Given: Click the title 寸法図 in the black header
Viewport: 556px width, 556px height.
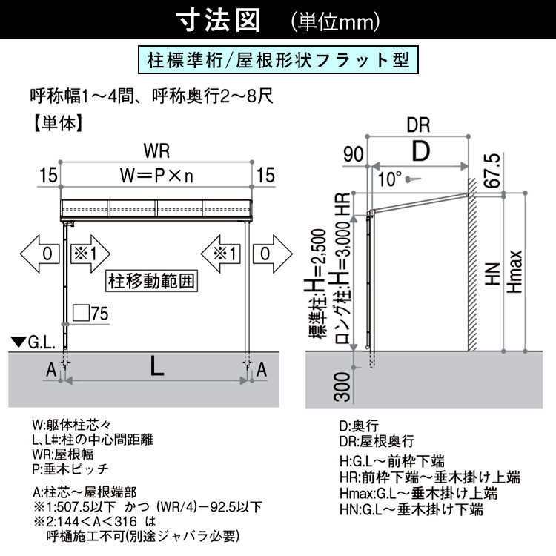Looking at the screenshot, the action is click(219, 20).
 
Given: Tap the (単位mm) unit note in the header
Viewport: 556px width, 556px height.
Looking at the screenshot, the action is click(335, 21).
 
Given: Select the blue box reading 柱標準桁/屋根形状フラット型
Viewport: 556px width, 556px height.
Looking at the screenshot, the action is click(278, 59).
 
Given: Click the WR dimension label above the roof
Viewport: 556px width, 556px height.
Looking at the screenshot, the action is click(156, 151).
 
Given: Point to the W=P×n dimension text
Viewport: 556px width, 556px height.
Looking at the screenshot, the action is click(156, 176).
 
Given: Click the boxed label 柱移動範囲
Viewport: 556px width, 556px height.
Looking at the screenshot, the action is click(151, 281).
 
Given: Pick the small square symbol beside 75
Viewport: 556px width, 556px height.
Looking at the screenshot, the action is click(81, 313).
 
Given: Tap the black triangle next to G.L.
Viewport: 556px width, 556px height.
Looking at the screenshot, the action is click(19, 342).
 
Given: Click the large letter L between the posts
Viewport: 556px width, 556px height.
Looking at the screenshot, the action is click(156, 365).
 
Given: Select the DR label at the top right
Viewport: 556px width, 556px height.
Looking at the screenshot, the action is click(418, 125).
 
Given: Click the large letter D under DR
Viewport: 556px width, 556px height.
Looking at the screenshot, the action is click(421, 151).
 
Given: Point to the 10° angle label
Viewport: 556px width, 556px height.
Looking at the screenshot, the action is click(390, 179).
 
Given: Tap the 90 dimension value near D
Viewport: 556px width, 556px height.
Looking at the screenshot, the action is click(353, 154).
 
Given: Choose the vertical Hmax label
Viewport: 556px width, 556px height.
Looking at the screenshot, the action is click(514, 272).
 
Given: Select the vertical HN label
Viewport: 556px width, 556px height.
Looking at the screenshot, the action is click(492, 274).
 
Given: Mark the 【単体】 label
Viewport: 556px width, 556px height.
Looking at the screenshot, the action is click(59, 123).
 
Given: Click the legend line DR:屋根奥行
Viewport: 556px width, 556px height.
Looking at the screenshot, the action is click(377, 441).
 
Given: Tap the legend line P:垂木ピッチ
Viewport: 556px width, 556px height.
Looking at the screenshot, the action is click(70, 469).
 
